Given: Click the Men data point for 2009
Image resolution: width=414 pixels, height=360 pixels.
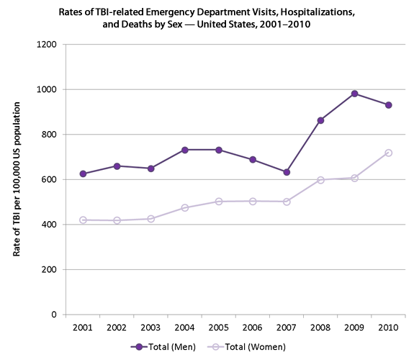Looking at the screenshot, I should click(354, 94).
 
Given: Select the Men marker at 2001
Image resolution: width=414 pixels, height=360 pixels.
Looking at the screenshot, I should click(84, 174).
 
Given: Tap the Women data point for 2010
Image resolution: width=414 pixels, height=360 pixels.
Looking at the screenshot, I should click(388, 153).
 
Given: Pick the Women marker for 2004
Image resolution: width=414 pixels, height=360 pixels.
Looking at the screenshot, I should click(185, 207).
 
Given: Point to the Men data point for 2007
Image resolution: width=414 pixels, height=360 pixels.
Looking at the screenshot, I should click(287, 172).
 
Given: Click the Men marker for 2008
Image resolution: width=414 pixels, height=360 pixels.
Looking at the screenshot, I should click(320, 120).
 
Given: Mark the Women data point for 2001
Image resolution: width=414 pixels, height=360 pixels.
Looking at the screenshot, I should click(84, 220).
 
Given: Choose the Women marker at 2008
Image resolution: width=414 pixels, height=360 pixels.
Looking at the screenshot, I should click(320, 180).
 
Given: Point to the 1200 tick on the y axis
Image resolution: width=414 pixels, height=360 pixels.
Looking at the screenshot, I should click(47, 45).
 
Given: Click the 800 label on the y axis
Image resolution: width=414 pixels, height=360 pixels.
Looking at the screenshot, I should click(49, 135).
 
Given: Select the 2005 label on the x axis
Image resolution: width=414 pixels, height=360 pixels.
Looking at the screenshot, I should click(219, 328).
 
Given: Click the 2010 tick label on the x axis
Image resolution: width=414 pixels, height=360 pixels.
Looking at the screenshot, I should click(388, 328).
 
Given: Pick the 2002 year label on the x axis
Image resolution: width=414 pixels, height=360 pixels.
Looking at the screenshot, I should click(117, 328).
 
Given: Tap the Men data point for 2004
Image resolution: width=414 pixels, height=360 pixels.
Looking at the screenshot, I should click(185, 150).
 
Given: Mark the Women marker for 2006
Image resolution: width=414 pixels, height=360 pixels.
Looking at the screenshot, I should click(253, 201).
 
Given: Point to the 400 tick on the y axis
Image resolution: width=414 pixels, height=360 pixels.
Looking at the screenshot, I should click(49, 225).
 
